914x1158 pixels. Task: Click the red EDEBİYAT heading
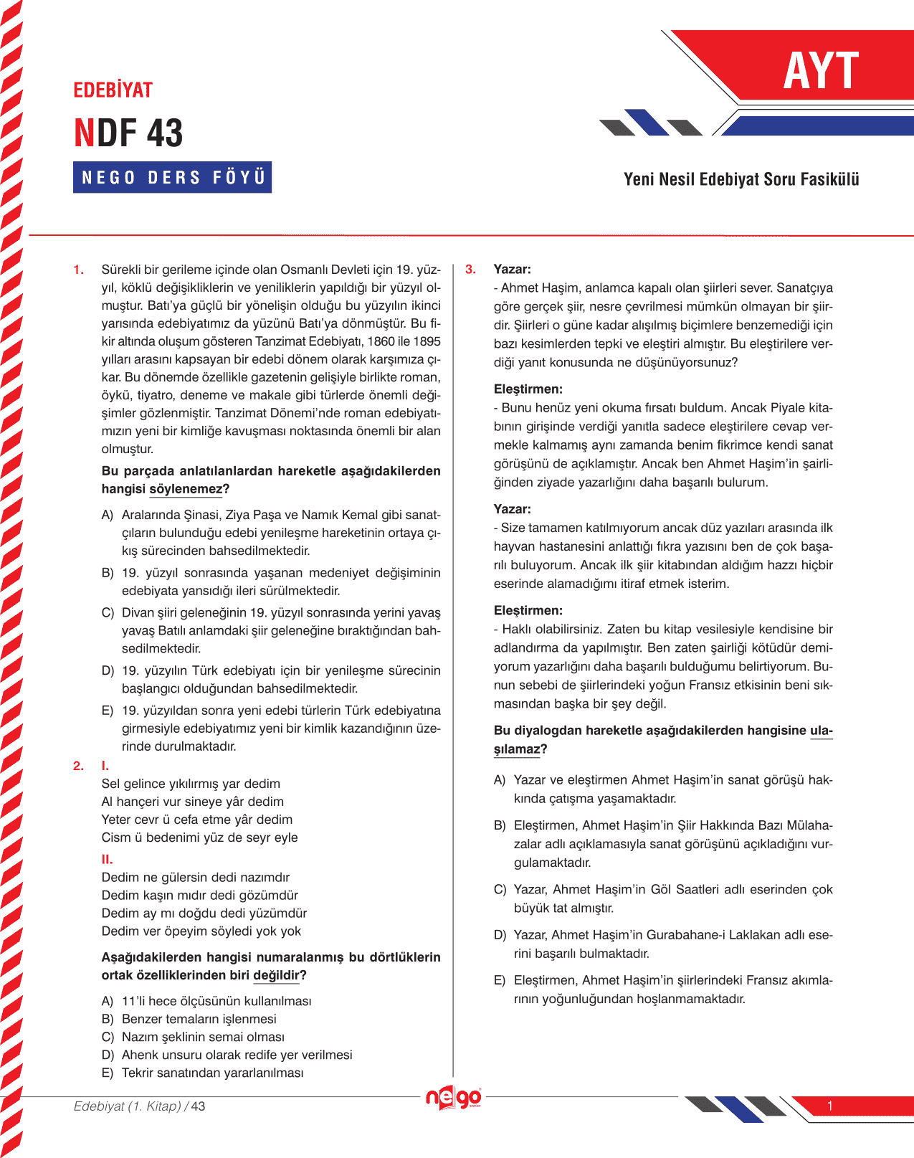coord(113,90)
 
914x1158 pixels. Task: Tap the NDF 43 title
coord(129,133)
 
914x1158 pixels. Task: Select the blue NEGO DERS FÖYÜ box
coord(172,177)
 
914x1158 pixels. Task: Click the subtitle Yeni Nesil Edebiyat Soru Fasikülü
coord(741,179)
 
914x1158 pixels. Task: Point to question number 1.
coord(79,270)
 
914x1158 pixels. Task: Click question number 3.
coord(470,270)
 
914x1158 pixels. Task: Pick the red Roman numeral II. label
coord(107,859)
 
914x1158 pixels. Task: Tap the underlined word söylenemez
coord(186,489)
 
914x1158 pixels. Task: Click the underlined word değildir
coord(276,975)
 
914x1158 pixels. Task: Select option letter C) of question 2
coord(108,1037)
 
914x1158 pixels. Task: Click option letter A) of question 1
coord(108,515)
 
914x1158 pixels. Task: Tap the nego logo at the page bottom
coord(453,1098)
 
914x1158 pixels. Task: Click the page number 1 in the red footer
coord(829,1106)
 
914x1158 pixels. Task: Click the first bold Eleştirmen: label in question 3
coord(528,389)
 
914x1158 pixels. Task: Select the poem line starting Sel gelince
coord(191,784)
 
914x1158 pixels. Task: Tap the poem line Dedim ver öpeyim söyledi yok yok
coord(201,931)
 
